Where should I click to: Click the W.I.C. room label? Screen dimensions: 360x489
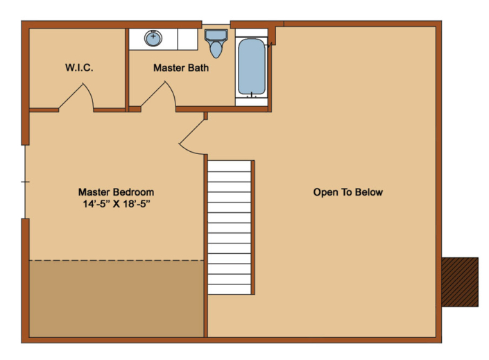[x=79, y=68]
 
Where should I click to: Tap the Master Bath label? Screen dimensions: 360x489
[x=180, y=68]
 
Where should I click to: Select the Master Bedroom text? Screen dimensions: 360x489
[x=116, y=192]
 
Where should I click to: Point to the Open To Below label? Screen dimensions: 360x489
[x=348, y=192]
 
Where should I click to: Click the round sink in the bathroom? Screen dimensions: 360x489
[x=153, y=38]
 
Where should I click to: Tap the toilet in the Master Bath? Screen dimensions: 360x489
[x=216, y=46]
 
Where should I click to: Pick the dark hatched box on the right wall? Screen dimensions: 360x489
[x=460, y=282]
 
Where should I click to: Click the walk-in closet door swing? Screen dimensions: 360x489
[x=78, y=96]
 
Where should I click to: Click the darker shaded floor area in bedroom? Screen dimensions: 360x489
[x=116, y=298]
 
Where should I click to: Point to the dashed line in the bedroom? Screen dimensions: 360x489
[x=116, y=261]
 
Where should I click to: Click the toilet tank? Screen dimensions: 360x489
[x=216, y=35]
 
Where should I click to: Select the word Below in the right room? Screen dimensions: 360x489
[x=369, y=192]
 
